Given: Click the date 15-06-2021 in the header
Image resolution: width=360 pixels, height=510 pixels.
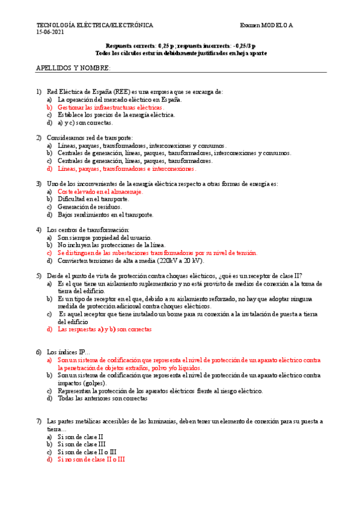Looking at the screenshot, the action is click(x=50, y=32).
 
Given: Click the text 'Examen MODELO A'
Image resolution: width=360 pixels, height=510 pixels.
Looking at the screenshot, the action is click(x=266, y=25).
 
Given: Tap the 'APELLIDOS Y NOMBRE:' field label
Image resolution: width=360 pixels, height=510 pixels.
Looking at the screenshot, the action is click(x=73, y=69).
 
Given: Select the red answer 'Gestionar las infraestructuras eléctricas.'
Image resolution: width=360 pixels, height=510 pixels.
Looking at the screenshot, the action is click(x=110, y=107).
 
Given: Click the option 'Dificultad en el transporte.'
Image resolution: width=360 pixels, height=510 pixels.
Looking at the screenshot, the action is click(x=93, y=199).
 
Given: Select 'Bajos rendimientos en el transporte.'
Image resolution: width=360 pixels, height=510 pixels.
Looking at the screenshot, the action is click(x=105, y=215).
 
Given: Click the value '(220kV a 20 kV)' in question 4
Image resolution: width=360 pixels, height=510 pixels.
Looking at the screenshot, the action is click(x=180, y=261).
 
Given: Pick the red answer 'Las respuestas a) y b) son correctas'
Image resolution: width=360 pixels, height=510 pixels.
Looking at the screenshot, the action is click(x=105, y=330).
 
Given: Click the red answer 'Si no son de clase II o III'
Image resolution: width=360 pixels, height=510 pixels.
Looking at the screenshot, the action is click(x=91, y=459).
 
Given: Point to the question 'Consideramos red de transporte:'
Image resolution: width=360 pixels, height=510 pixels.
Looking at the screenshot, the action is click(x=90, y=138).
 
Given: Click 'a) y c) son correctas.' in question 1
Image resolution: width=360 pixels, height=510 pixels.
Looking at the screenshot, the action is click(x=85, y=123).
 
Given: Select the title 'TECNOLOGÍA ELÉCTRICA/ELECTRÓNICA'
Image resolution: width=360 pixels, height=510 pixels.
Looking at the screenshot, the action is click(x=94, y=25).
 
